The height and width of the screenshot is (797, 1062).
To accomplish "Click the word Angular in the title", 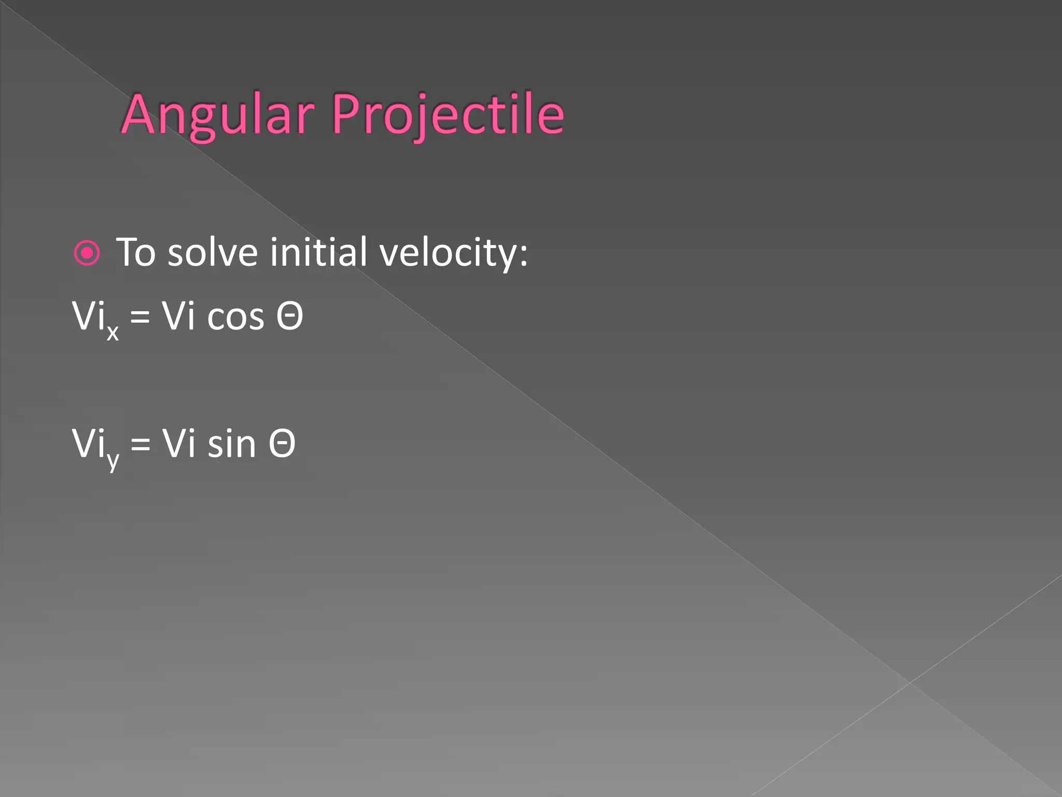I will tap(218, 115).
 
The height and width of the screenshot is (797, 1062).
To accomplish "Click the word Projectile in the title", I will tap(448, 115).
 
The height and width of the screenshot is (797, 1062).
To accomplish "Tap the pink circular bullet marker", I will tap(87, 253).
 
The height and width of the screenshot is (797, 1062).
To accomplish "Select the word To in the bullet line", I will tap(136, 253).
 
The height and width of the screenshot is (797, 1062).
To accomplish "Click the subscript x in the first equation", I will tap(113, 332).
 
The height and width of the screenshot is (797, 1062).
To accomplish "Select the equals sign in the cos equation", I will tap(140, 317).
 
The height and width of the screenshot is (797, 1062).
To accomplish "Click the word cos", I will tap(235, 317).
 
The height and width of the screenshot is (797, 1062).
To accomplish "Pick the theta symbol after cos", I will tap(289, 315).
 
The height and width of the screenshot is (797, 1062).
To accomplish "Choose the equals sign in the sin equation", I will tap(140, 444).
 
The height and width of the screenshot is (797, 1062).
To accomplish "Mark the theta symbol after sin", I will tap(282, 444).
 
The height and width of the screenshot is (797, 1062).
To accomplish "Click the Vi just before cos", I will tap(178, 315).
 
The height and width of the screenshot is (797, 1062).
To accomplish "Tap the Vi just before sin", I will tap(178, 444).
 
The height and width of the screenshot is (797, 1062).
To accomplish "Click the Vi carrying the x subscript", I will tap(88, 315).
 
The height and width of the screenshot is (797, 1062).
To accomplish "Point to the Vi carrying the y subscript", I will tap(88, 444).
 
